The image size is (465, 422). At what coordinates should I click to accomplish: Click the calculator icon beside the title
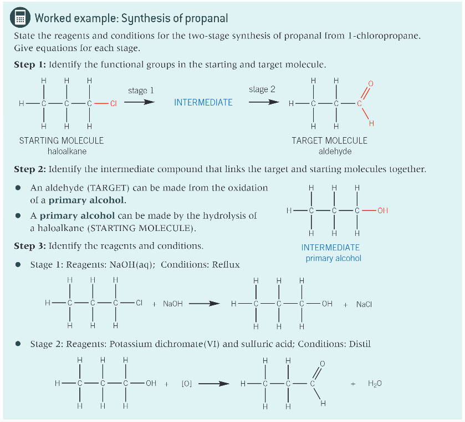(x=21, y=18)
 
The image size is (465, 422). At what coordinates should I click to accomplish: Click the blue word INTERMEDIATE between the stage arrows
(x=203, y=103)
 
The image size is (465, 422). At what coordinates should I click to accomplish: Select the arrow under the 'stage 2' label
(x=262, y=102)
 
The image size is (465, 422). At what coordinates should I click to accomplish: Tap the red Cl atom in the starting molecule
(x=113, y=103)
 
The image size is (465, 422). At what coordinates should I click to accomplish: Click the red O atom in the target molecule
(x=371, y=83)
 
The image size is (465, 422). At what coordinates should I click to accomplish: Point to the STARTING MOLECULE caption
(x=62, y=140)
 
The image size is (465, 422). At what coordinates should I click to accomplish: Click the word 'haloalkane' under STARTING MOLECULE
(x=67, y=151)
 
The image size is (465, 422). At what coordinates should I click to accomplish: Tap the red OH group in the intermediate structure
(x=382, y=210)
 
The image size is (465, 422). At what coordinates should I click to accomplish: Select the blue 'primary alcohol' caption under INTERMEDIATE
(x=333, y=258)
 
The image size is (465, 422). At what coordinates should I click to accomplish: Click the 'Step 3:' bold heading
(x=30, y=245)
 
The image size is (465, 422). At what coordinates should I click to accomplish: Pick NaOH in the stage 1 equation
(x=173, y=304)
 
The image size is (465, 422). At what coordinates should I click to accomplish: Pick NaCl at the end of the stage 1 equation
(x=364, y=304)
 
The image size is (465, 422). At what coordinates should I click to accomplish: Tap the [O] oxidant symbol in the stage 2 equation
(x=187, y=383)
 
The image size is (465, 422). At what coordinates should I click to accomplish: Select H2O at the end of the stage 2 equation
(x=375, y=383)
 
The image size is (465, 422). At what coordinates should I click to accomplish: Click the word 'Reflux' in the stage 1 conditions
(x=226, y=264)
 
